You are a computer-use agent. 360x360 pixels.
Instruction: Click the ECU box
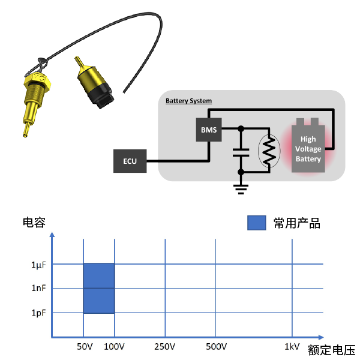[130, 161]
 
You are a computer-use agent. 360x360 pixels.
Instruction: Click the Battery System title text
[188, 101]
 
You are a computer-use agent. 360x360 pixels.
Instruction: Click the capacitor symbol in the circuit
[241, 151]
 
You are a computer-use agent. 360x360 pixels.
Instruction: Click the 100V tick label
[114, 347]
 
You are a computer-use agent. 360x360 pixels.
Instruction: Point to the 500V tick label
[216, 347]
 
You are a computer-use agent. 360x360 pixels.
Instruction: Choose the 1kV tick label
[292, 347]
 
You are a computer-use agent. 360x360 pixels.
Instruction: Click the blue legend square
[256, 223]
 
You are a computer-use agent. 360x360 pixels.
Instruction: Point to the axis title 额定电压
[331, 350]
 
